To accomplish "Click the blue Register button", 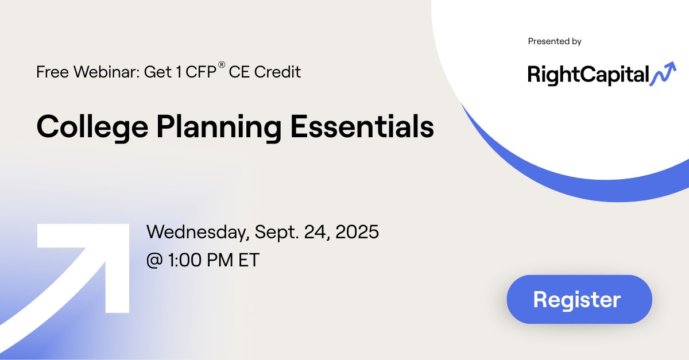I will [x=579, y=299].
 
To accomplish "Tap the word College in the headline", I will [x=82, y=127].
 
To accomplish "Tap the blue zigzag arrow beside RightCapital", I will [x=663, y=73].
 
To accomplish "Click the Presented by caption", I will [x=555, y=41].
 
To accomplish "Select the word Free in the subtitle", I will [x=49, y=72].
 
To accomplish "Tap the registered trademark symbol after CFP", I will [x=221, y=65].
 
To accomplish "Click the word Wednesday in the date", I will [x=198, y=233].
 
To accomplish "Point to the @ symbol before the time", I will [x=155, y=261].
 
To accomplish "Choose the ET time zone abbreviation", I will [x=247, y=260].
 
